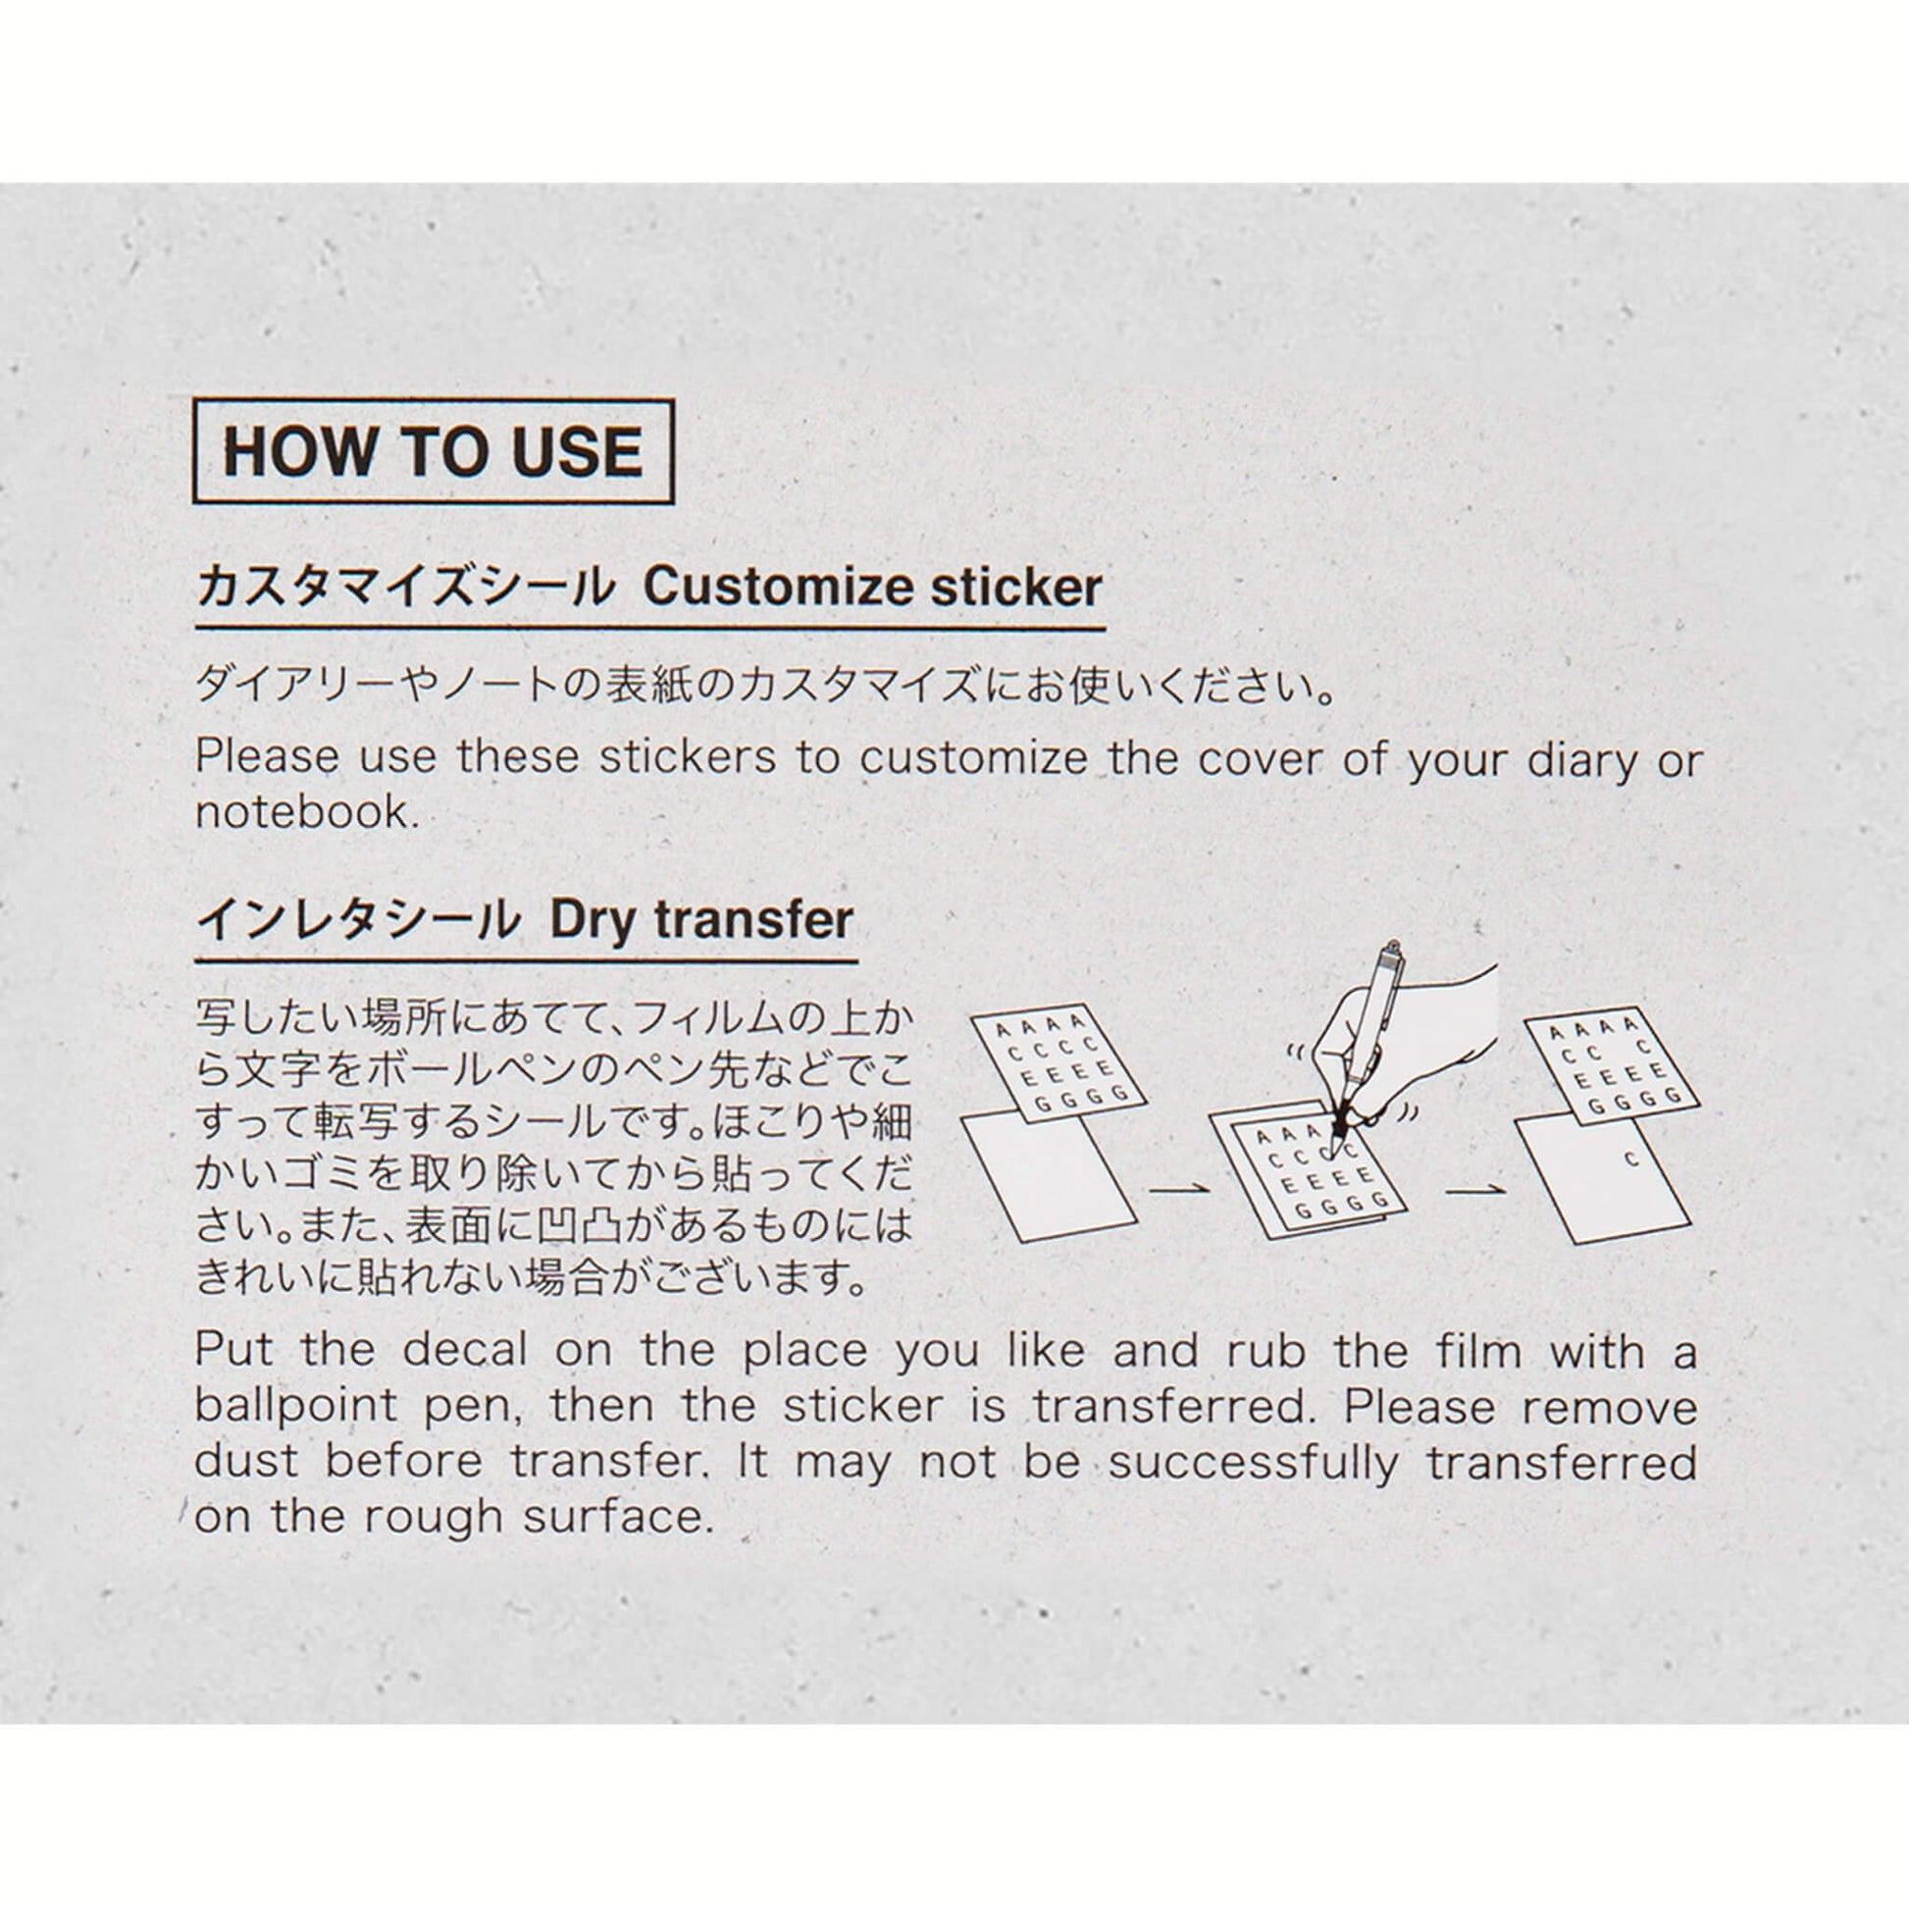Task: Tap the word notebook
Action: pyautogui.click(x=300, y=813)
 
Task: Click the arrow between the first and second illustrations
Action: pyautogui.click(x=1179, y=1188)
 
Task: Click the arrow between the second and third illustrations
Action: pyautogui.click(x=1475, y=1188)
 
